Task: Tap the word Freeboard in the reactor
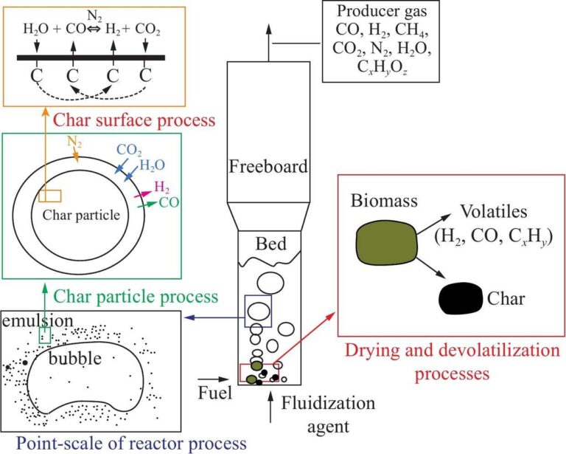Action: coord(267,166)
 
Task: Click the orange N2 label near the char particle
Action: coord(76,140)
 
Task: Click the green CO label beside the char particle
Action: coord(169,200)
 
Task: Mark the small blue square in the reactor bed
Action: coord(258,310)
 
